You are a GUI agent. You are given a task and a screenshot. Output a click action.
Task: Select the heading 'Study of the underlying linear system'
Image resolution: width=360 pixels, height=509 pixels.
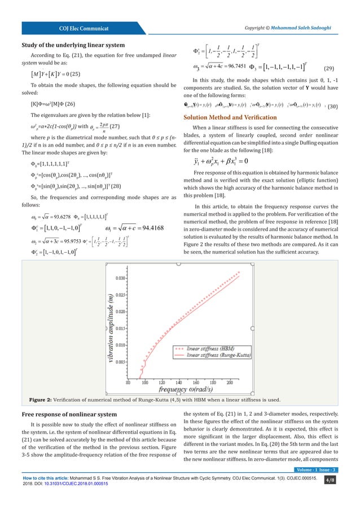[73, 45]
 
